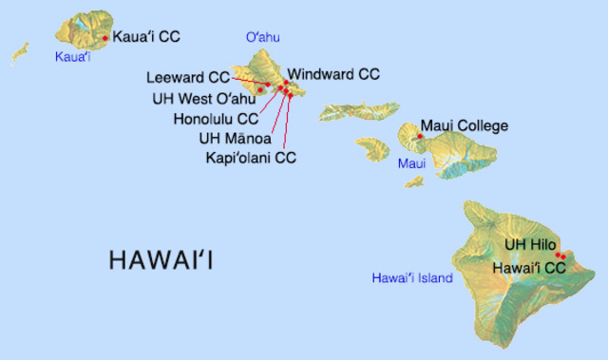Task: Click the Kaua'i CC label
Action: pos(146,38)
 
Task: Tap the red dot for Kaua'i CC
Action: pos(104,39)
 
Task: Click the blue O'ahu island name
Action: pos(264,37)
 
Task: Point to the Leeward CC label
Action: pos(188,77)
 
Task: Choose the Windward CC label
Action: pos(333,74)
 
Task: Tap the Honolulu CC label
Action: pos(216,119)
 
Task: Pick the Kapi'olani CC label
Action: pos(251,157)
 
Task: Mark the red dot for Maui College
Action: pos(419,137)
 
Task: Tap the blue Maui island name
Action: pos(411,164)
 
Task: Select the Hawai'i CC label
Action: pos(529,269)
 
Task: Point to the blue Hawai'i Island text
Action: pos(411,278)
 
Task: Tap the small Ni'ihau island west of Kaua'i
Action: pos(20,53)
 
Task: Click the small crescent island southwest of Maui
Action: pos(413,180)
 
